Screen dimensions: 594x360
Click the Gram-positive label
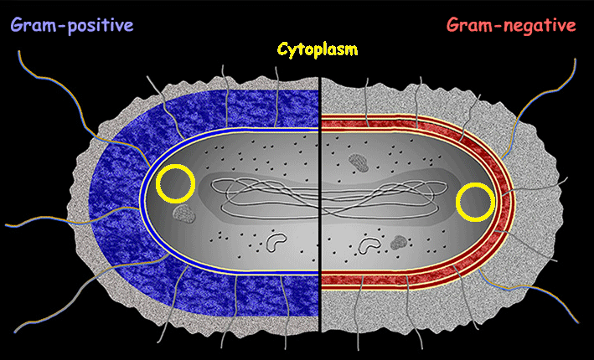[72, 25]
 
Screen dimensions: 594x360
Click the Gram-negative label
[511, 25]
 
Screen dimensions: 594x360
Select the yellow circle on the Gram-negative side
[475, 203]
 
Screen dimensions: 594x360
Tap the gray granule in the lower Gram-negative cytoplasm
[399, 244]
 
